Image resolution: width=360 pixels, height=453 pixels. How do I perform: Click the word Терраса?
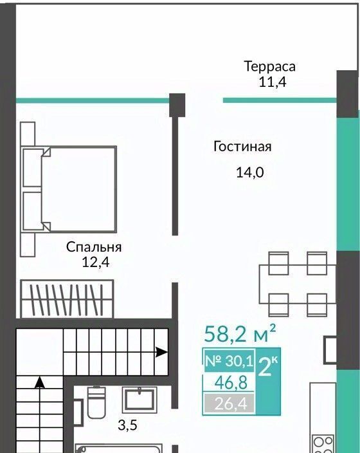(270, 67)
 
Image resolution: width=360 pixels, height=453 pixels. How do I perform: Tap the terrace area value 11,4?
(272, 82)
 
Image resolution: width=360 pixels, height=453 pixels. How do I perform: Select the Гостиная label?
(242, 147)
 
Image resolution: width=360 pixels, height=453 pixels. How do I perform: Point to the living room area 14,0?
(250, 172)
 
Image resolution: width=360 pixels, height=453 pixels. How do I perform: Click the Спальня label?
(94, 247)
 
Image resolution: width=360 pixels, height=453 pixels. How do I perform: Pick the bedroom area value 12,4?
(96, 263)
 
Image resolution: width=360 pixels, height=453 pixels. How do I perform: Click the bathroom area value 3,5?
(127, 425)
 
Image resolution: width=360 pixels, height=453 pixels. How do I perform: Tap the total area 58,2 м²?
(240, 334)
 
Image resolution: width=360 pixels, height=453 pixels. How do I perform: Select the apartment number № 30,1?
(229, 360)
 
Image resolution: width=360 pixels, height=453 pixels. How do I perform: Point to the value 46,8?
(231, 383)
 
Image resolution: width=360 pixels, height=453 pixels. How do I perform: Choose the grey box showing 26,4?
(230, 403)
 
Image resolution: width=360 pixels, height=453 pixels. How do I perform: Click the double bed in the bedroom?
(69, 190)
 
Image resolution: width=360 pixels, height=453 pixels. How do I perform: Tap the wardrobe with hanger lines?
(67, 299)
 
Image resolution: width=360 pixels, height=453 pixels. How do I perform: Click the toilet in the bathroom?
(96, 402)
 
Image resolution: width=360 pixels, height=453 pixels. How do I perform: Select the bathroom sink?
(139, 400)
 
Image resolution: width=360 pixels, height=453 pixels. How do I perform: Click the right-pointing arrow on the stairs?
(161, 352)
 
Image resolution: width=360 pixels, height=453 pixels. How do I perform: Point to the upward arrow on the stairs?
(40, 382)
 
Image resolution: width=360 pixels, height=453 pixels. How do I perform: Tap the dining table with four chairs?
(298, 284)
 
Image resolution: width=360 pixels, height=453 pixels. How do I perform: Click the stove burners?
(323, 444)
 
